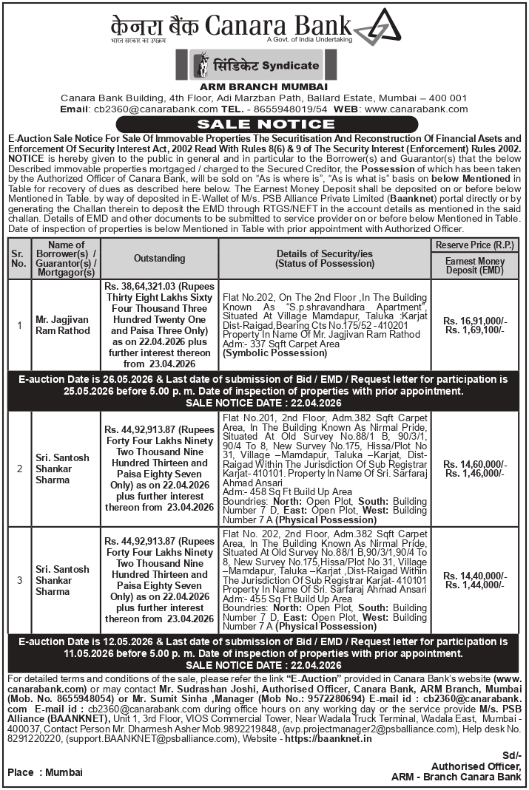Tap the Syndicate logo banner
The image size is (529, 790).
coord(257,66)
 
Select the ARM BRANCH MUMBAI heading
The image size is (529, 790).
coord(264,86)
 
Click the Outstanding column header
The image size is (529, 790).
coord(159,259)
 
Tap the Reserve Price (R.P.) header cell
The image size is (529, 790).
coord(476,245)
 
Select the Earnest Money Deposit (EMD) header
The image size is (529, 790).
coord(476,266)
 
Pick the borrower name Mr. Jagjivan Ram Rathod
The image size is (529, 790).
coord(63,325)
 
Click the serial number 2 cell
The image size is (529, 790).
coord(18,469)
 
